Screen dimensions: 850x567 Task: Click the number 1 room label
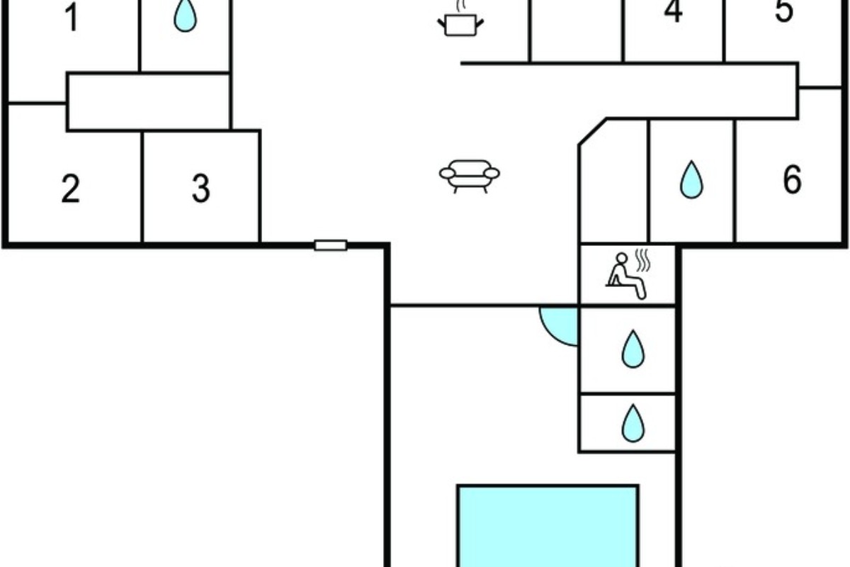point(72,18)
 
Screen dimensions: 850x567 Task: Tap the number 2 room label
point(71,189)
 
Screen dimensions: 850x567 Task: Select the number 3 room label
point(200,189)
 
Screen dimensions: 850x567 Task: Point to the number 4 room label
point(673,11)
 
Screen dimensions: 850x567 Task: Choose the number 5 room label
point(784,11)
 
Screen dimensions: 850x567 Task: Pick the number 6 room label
point(793,179)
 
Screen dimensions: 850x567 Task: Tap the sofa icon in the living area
point(470,176)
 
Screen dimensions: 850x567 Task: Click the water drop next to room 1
point(185,16)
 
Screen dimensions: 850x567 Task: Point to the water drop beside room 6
point(691,180)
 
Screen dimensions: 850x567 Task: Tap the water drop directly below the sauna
point(633,349)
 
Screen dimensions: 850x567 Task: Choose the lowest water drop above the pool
point(633,423)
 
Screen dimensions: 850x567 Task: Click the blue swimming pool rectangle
point(548,527)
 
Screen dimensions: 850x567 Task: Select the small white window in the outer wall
point(331,245)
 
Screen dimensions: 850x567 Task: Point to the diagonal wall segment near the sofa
point(592,132)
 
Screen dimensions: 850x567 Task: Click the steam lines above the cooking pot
point(461,6)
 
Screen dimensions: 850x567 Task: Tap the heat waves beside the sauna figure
point(643,261)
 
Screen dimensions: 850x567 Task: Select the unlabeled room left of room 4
point(577,30)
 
